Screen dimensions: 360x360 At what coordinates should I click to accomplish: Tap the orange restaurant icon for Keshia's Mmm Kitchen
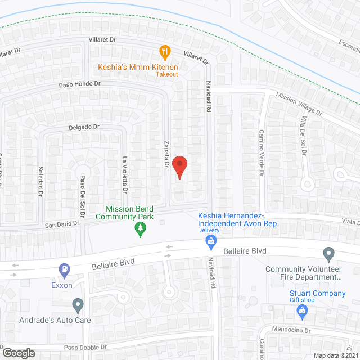[165, 52]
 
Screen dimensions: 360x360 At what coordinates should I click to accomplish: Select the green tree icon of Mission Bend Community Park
[140, 228]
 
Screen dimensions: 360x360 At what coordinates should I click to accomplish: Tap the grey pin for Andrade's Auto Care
[78, 306]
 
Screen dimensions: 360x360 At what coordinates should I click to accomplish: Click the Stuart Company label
[317, 293]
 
